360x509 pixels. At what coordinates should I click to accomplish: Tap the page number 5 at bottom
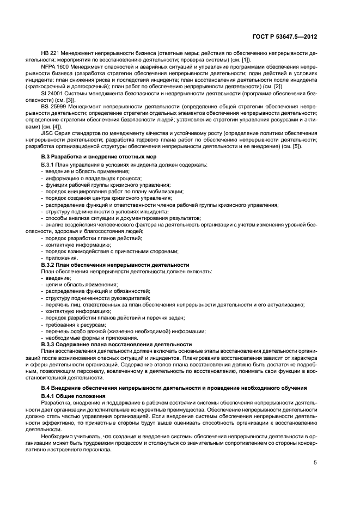coord(315,463)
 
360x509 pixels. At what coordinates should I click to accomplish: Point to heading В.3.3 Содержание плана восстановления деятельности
coord(117,344)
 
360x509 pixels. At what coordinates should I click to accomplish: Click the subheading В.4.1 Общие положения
coord(73,395)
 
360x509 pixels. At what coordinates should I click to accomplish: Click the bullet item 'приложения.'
coord(62,258)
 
